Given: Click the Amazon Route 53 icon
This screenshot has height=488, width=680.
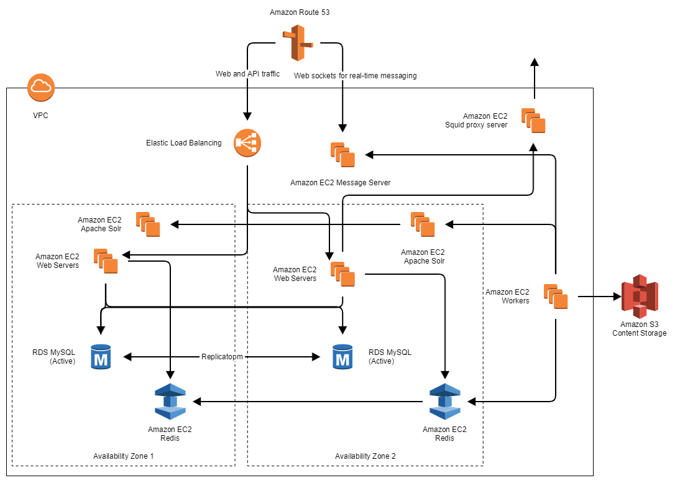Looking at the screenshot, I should coord(299,43).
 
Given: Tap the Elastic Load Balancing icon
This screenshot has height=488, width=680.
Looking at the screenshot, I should coord(247,143).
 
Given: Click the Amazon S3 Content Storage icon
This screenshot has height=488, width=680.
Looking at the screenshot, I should coord(640,296).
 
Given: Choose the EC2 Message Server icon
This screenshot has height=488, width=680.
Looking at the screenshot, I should coord(342,154).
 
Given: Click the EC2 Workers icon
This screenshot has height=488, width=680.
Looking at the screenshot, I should coord(556,297).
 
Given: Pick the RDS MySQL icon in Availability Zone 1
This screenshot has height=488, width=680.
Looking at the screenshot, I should coord(100,357).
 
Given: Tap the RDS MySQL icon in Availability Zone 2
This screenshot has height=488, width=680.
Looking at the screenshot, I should coord(342,357).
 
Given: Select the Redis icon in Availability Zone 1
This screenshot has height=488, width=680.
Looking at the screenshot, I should coord(170,402).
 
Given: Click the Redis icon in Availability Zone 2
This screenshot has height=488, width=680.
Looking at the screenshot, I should coord(445,402).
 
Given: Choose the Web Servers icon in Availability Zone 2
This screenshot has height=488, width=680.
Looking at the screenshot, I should coord(342,274).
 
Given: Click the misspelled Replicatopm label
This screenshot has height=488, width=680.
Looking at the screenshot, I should coord(222,357).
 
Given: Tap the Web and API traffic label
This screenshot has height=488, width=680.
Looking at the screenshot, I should coord(247,74).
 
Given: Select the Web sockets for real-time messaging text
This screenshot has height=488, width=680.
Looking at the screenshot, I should coord(355,76).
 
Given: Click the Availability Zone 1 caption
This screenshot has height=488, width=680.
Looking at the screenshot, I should coord(123,456).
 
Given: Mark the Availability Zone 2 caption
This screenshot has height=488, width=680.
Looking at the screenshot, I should coord(365,456).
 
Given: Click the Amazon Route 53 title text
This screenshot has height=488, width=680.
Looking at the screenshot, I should coord(300,12).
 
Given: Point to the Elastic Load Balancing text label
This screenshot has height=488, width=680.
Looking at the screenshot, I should coord(183,143).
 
